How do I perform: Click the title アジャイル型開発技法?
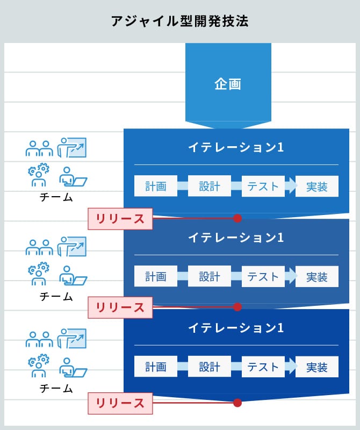179,21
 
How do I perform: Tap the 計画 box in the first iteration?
155,187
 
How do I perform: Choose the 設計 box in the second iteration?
210,277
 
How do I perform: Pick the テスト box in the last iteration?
263,367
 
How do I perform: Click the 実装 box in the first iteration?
317,187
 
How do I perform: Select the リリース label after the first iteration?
120,219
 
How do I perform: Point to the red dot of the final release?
237,402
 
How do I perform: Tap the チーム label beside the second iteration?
56,296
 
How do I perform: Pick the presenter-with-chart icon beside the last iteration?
72,337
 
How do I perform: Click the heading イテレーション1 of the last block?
236,328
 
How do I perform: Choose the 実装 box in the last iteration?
317,367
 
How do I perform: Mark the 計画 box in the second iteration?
155,277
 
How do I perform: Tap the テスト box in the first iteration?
263,187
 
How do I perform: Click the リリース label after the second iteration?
120,307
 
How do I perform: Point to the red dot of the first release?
237,218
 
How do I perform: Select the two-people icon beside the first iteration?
39,148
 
